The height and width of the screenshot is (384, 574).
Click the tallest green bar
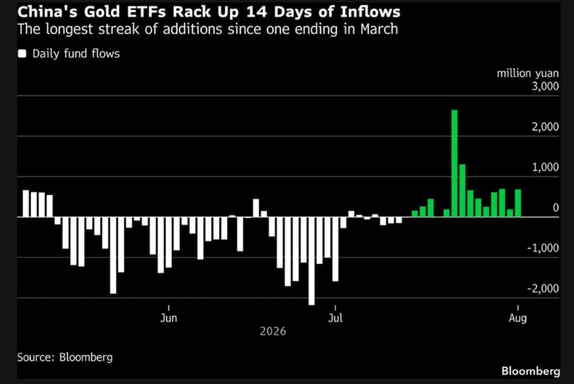[x=455, y=163]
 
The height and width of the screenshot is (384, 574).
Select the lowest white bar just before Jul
[x=311, y=261]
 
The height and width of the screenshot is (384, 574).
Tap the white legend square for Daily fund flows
[x=22, y=54]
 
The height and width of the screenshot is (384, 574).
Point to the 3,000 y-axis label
[x=545, y=86]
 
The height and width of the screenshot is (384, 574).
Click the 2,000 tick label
[x=545, y=127]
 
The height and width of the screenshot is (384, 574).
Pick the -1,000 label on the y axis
[x=543, y=248]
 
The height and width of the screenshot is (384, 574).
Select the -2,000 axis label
[x=543, y=288]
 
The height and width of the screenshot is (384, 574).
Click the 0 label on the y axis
[x=556, y=208]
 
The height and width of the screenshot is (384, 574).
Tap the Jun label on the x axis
[x=168, y=318]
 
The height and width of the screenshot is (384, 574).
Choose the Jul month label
[x=335, y=318]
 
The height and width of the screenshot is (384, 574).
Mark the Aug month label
[x=518, y=318]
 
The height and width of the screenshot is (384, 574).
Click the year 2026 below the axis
[x=273, y=331]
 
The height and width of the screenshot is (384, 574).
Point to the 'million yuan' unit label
[x=528, y=74]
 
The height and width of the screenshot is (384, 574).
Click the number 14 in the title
[x=255, y=12]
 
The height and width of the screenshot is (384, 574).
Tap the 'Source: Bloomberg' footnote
[x=65, y=357]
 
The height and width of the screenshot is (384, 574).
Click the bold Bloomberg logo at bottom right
[x=530, y=371]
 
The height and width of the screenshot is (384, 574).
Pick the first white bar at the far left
[x=26, y=203]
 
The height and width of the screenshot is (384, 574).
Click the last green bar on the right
[x=518, y=203]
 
